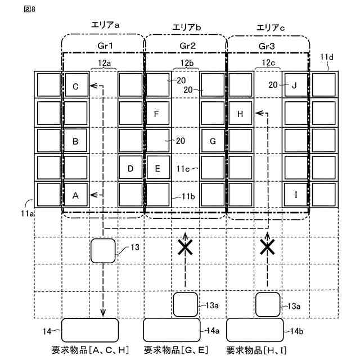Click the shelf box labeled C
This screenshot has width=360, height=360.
coord(76,86)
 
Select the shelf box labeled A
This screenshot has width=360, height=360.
coord(76,195)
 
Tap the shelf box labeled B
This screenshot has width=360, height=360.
coord(76,141)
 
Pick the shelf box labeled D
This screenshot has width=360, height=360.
coord(130,168)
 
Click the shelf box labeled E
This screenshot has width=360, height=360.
coord(157,168)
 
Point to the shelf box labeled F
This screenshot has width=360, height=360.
coord(157,114)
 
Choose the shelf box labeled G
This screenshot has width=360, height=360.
coord(213,141)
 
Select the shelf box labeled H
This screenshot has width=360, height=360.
coord(240,114)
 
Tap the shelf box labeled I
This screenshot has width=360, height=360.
coord(295,195)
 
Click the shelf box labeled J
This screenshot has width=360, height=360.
coord(295,86)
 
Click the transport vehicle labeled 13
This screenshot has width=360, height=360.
coord(103,250)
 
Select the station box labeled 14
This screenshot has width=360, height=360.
coord(89,330)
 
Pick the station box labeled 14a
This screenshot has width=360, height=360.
coord(172,330)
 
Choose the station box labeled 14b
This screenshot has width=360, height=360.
coord(254,330)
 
